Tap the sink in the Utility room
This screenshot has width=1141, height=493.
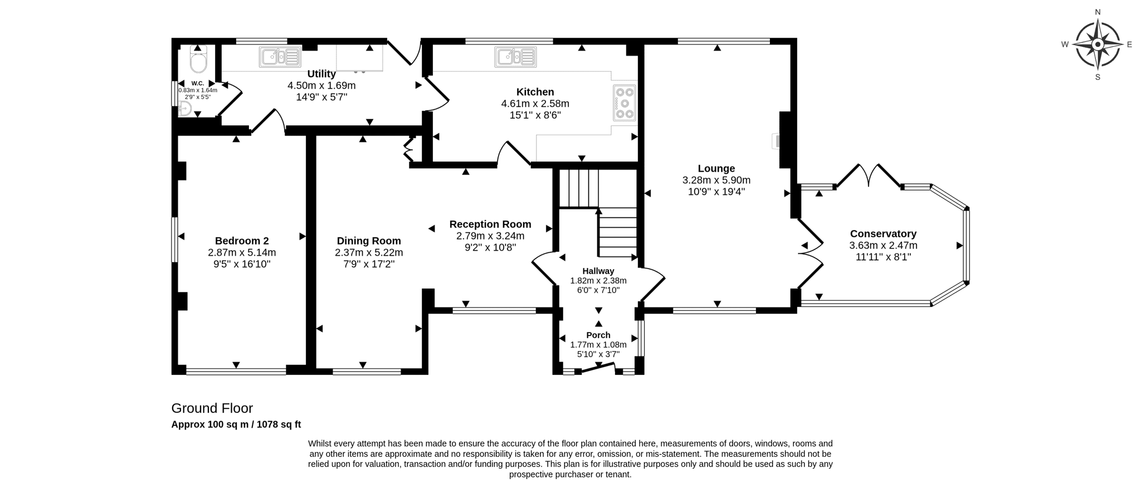tap(280, 57)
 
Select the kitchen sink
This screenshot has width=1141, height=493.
tap(515, 57)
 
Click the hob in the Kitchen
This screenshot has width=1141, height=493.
tap(625, 103)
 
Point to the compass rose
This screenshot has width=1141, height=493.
tap(1098, 45)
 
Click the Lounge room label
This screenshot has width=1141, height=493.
tap(716, 168)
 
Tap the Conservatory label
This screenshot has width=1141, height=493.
tap(883, 234)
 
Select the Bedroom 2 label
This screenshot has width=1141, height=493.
tap(242, 241)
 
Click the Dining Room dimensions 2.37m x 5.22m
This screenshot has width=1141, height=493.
tap(369, 252)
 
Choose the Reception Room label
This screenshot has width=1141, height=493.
tap(490, 224)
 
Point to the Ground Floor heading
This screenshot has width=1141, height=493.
tap(212, 408)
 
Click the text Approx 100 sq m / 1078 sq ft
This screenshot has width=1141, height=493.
tap(236, 424)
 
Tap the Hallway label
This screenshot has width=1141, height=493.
tap(598, 271)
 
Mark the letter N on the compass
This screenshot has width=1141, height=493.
tap(1098, 12)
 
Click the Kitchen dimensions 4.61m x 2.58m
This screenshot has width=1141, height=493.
tap(535, 104)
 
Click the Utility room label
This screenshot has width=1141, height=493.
tap(321, 74)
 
